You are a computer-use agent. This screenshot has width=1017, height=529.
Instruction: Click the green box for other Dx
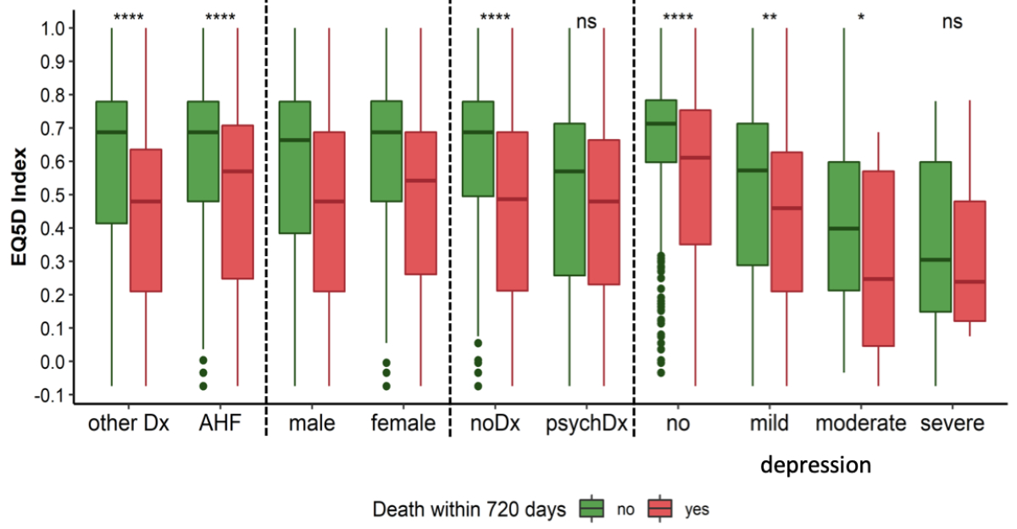click(x=111, y=162)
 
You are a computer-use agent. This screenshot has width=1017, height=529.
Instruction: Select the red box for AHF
click(x=237, y=202)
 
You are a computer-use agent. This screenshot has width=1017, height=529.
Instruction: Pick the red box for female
click(x=420, y=203)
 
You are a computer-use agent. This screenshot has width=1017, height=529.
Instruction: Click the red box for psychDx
click(x=604, y=212)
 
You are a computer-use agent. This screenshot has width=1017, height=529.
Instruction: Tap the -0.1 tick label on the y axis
click(x=53, y=395)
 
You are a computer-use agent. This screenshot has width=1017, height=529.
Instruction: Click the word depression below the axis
click(x=815, y=465)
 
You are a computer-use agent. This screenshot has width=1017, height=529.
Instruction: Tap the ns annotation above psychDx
click(x=586, y=23)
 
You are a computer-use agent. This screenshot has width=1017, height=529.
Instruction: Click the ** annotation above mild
click(x=770, y=18)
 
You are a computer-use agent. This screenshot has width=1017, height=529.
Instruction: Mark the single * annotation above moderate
click(x=861, y=18)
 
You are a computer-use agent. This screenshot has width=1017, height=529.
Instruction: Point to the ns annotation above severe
click(x=952, y=23)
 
